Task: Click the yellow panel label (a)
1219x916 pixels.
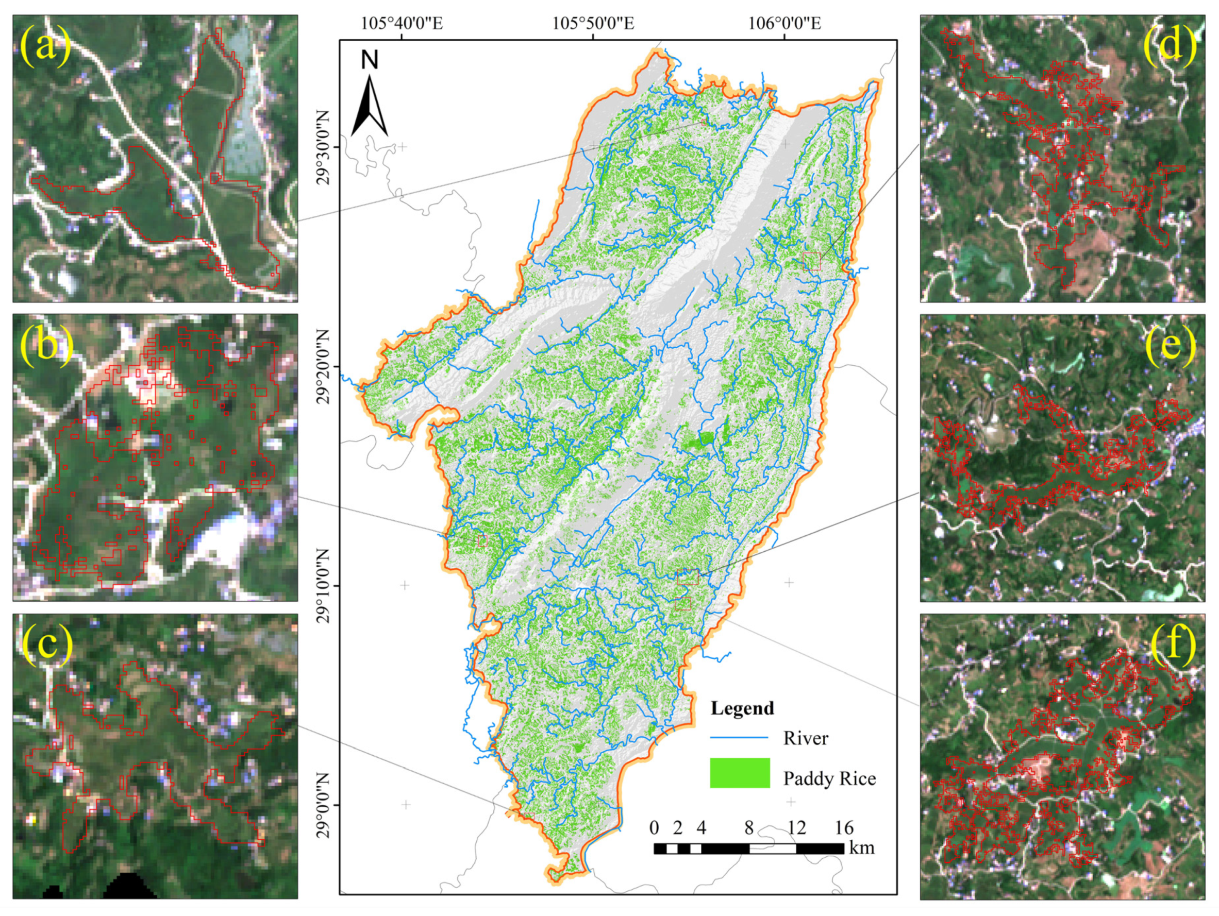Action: coord(46,46)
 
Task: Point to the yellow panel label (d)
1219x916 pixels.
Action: coord(1171,45)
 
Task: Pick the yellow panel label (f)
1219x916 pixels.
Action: coord(1173,644)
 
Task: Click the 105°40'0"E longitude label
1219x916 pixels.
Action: coord(402,24)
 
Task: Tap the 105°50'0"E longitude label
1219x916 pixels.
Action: coord(593,24)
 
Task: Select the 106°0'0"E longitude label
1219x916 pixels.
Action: coord(784,24)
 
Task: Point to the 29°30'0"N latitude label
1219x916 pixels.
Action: coord(324,148)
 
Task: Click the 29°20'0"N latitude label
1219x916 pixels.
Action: coord(324,367)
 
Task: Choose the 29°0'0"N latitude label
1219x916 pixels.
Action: coord(324,805)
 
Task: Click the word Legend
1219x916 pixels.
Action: coord(742,708)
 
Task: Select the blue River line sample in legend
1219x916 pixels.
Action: coord(739,738)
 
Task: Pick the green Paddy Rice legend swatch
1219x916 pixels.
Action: coord(740,773)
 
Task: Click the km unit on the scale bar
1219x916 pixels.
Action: coord(862,847)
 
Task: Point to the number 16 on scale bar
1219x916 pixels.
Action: coord(844,827)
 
